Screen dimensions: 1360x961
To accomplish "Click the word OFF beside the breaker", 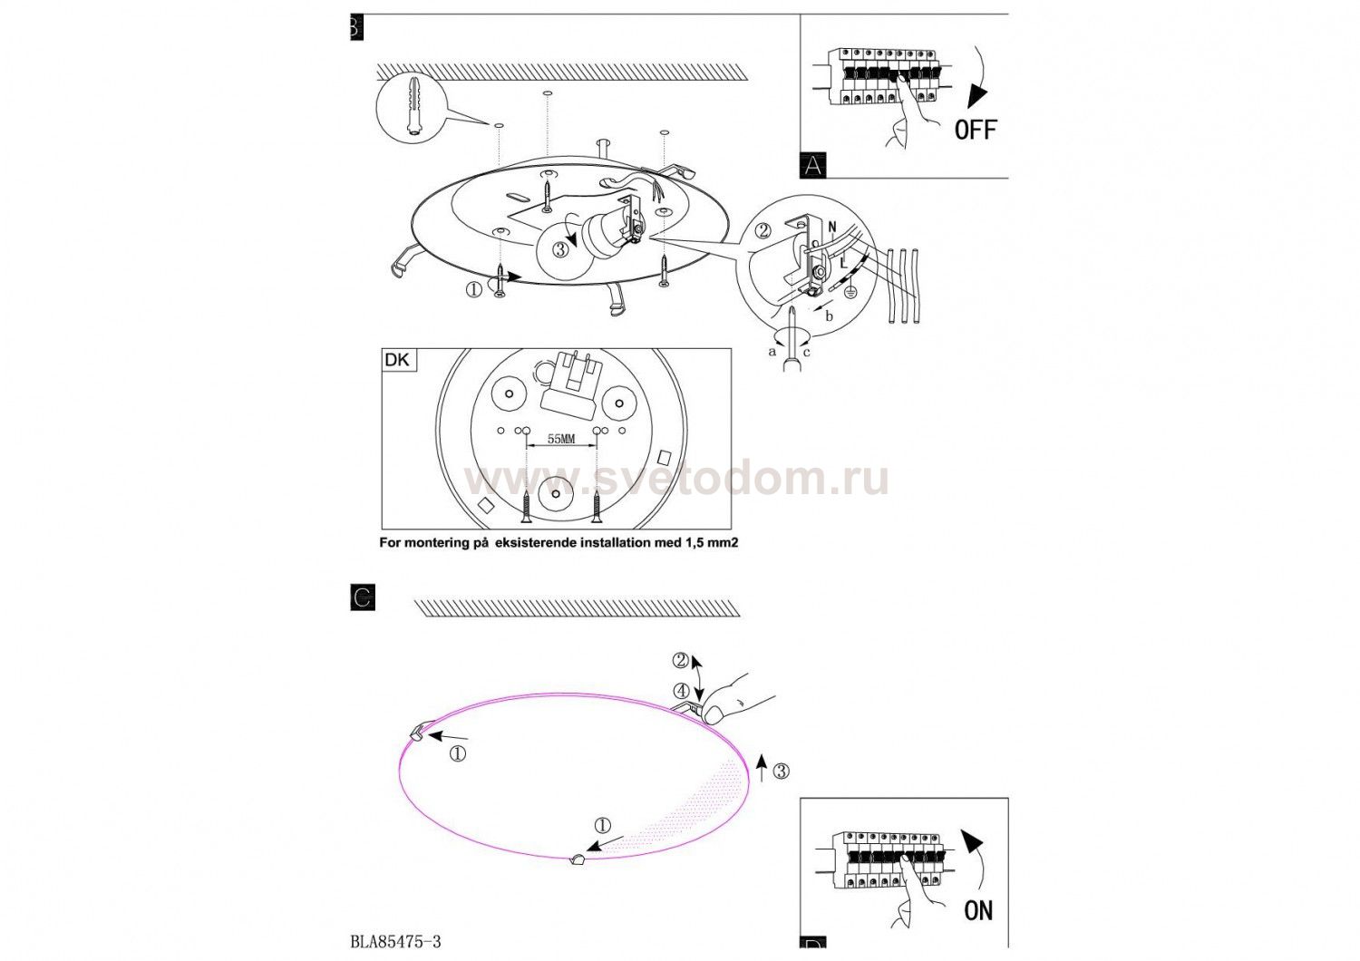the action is tap(976, 130).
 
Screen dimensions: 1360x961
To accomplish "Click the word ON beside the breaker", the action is tap(978, 910).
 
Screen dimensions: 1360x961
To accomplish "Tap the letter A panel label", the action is tap(813, 165).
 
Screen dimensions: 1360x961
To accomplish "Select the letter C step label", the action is tap(363, 597).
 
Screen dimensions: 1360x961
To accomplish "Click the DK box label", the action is tap(398, 360).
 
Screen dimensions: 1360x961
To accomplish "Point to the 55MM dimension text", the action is tap(560, 438).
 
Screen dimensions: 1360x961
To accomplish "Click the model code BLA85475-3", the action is tap(396, 942).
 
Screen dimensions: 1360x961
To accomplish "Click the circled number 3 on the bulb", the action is tap(560, 249).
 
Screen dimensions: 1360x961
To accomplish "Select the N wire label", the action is tap(831, 228).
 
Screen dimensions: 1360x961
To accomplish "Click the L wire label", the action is tap(842, 264).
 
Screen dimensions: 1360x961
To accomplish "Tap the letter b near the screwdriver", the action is tap(830, 315).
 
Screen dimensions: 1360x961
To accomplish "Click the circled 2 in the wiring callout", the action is tap(763, 230).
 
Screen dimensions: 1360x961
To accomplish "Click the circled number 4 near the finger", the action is tap(681, 691).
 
